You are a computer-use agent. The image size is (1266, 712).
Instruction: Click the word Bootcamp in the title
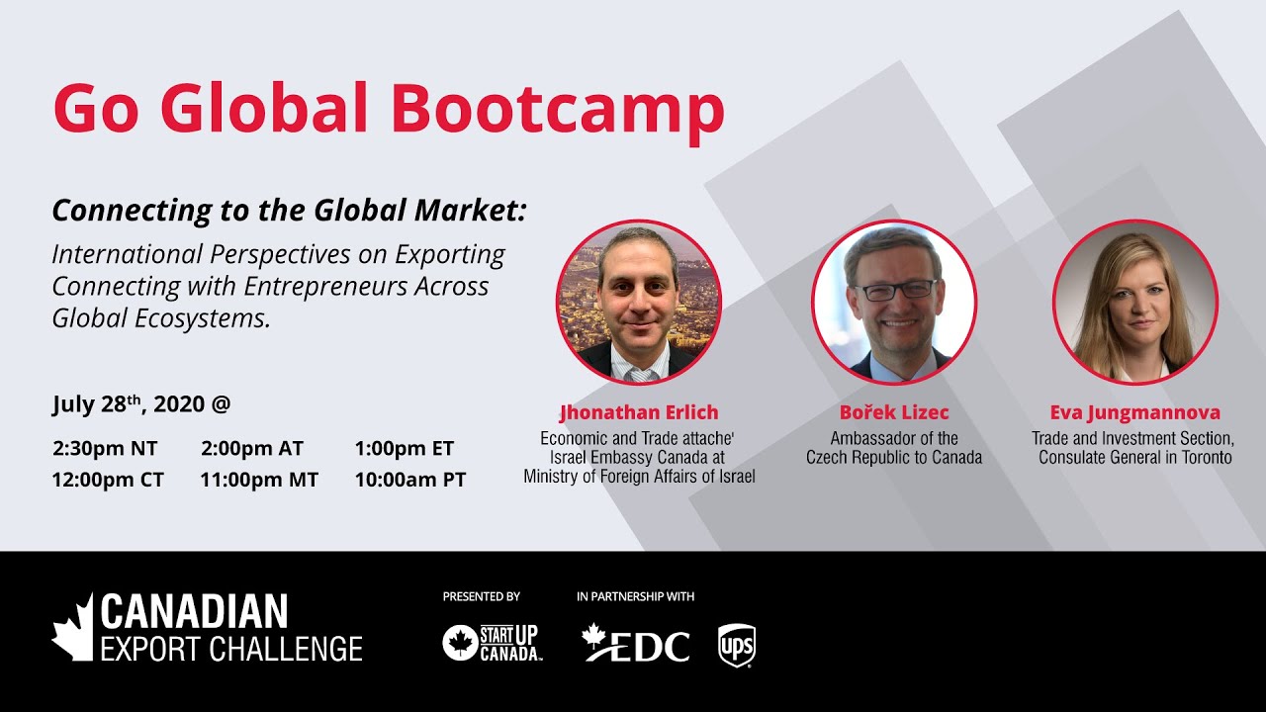click(x=558, y=108)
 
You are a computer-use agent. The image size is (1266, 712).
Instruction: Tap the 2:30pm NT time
click(x=105, y=448)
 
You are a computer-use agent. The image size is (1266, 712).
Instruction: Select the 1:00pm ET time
click(x=405, y=448)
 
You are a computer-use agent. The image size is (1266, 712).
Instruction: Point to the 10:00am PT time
click(x=410, y=480)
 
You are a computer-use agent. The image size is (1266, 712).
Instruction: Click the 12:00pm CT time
click(x=108, y=480)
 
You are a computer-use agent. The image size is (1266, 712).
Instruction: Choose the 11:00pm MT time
click(x=259, y=480)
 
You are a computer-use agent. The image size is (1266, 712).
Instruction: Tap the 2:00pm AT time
click(x=252, y=448)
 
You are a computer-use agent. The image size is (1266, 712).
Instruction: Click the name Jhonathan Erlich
click(x=639, y=412)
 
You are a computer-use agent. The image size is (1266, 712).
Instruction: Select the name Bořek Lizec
click(x=894, y=412)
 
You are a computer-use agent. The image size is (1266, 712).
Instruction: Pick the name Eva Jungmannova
click(x=1135, y=412)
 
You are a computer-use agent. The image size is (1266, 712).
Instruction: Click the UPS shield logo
click(x=737, y=644)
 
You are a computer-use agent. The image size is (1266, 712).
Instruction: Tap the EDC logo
click(x=636, y=644)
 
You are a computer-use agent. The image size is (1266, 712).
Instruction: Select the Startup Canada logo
click(x=492, y=643)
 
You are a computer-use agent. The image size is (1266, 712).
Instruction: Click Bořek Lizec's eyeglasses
click(x=894, y=290)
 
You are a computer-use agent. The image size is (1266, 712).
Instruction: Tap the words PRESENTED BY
click(x=482, y=596)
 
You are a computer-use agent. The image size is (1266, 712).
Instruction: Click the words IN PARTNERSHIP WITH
click(x=635, y=596)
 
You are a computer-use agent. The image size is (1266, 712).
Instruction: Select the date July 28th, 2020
click(x=129, y=403)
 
